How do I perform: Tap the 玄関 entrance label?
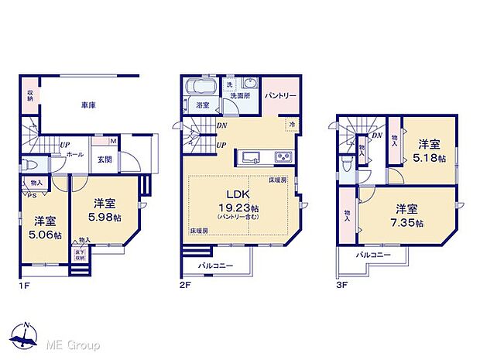[105, 159]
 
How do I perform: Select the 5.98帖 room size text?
[105, 218]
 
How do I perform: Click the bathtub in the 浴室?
[204, 86]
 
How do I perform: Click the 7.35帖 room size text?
[409, 223]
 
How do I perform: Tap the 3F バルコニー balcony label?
[373, 255]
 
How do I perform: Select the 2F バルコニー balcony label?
[215, 265]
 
